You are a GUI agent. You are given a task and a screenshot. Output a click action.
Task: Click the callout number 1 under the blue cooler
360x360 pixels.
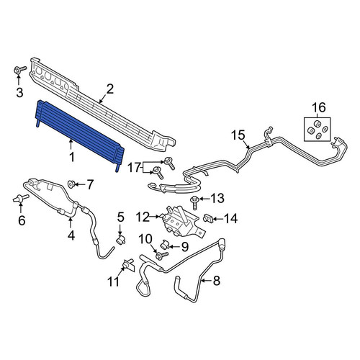[x=71, y=157]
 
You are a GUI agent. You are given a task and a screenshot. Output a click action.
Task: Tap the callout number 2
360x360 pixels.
[x=109, y=89]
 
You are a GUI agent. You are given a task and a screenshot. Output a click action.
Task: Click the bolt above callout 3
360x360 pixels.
[x=19, y=70]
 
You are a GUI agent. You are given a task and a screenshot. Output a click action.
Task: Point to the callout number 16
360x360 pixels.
[x=318, y=107]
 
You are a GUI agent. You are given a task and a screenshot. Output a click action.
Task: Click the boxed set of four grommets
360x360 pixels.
[x=317, y=129]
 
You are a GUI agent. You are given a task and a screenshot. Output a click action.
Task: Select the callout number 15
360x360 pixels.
[x=238, y=135]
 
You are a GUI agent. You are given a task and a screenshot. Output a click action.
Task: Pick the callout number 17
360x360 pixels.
[x=135, y=168]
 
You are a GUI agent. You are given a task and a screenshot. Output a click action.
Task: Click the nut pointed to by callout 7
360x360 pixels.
[x=71, y=184]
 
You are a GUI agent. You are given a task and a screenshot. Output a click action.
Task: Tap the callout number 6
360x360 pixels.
[x=22, y=220]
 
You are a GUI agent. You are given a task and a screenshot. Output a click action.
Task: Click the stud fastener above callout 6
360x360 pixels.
[x=21, y=199]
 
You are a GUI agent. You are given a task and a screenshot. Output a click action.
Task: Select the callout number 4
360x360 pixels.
[x=71, y=235]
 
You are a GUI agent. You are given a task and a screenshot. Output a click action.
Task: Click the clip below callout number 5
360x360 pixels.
[x=121, y=239]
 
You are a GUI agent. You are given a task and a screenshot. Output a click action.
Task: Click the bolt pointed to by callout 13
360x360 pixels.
[x=194, y=202]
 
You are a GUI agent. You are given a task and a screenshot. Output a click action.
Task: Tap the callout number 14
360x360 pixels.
[x=230, y=219]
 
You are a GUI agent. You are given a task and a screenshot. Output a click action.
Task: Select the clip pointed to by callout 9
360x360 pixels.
[x=163, y=245]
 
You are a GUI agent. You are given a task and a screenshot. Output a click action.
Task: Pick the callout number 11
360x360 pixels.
[x=113, y=282]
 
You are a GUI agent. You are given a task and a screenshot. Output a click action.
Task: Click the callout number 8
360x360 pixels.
[x=217, y=281]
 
